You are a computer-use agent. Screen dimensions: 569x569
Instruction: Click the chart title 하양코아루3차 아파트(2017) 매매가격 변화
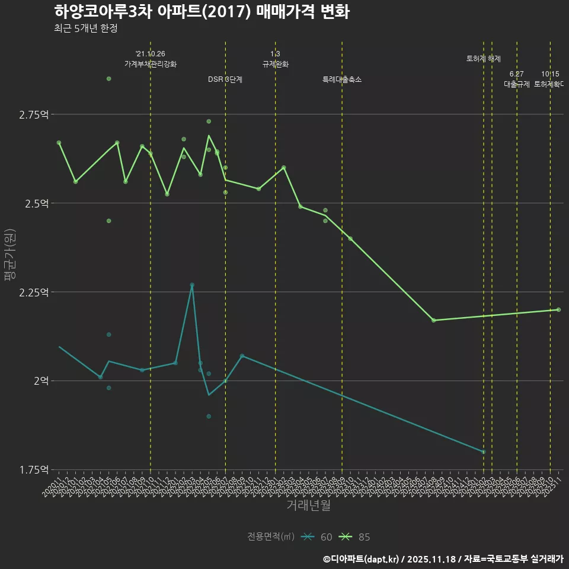pyautogui.click(x=202, y=12)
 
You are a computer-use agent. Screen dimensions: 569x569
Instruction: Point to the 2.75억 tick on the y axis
pyautogui.click(x=34, y=114)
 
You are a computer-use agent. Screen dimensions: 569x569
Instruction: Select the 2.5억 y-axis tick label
pyautogui.click(x=37, y=203)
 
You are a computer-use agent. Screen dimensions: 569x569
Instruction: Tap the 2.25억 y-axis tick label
pyautogui.click(x=34, y=292)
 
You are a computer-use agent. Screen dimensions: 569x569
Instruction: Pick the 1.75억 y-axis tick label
pyautogui.click(x=34, y=470)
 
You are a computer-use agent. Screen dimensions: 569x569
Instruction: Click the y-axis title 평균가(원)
pyautogui.click(x=10, y=255)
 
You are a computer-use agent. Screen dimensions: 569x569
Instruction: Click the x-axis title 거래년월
pyautogui.click(x=308, y=506)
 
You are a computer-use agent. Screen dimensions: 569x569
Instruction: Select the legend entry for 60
pyautogui.click(x=317, y=537)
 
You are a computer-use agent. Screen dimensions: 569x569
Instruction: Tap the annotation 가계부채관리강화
pyautogui.click(x=150, y=64)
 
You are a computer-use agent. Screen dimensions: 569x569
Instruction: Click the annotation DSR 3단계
pyautogui.click(x=225, y=79)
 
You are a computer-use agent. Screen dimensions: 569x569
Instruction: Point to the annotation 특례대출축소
pyautogui.click(x=341, y=79)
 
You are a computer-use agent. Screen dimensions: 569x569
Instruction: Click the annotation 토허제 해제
pyautogui.click(x=483, y=59)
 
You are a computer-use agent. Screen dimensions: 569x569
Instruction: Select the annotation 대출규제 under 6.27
pyautogui.click(x=516, y=84)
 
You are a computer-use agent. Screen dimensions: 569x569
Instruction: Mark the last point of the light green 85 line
pyautogui.click(x=558, y=309)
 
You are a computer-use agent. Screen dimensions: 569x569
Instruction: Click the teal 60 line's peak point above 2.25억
pyautogui.click(x=192, y=284)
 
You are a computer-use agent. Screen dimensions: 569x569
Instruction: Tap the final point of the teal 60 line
pyautogui.click(x=483, y=452)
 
